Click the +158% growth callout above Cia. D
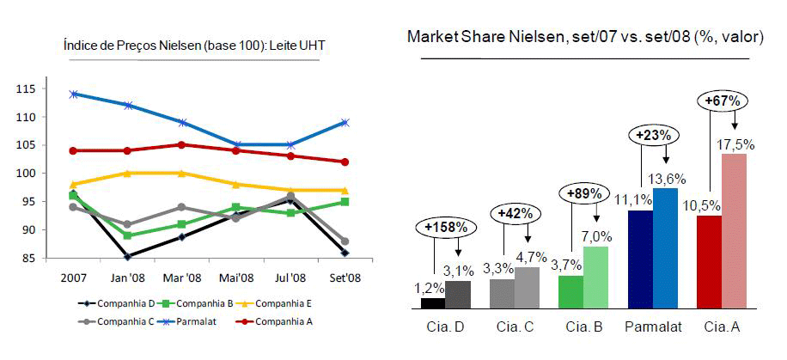(446, 227)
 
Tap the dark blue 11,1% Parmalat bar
(640, 259)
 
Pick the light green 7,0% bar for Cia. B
(595, 277)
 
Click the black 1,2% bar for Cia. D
(433, 302)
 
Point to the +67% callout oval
(722, 101)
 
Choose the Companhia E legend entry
(285, 302)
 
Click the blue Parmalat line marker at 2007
(74, 94)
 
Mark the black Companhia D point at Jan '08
(127, 256)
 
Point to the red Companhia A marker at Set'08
(345, 162)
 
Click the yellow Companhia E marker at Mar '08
(181, 173)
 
